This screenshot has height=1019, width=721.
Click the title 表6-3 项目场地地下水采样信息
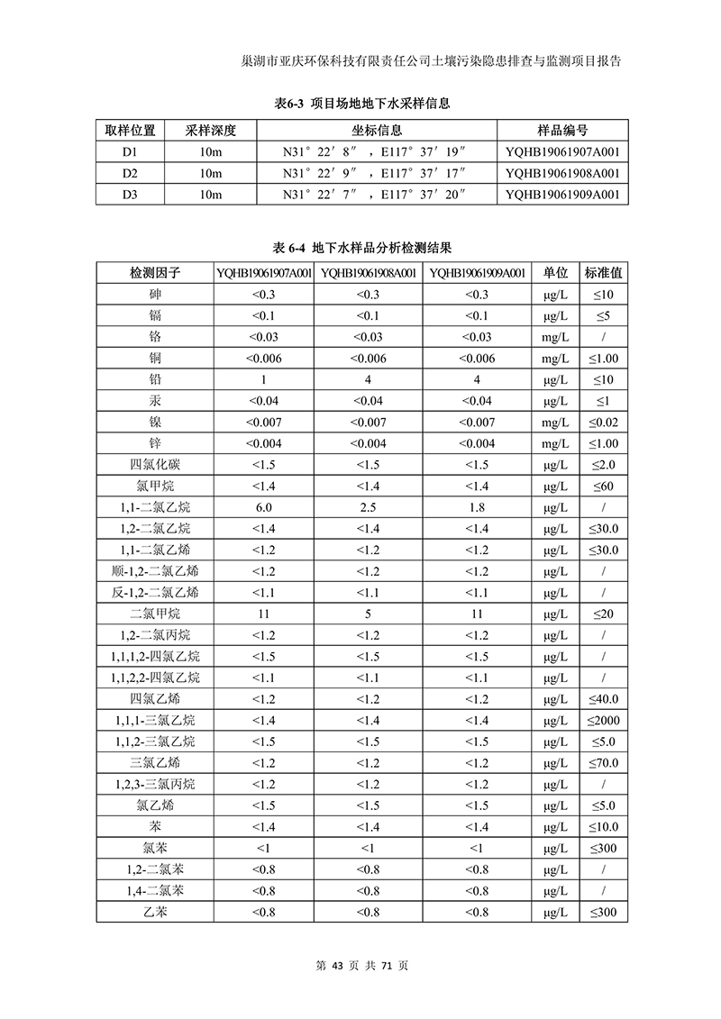[361, 104]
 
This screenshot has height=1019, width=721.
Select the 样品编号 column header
[562, 131]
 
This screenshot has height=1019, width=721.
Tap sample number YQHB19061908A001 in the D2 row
[562, 173]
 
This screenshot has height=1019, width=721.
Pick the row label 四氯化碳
[155, 465]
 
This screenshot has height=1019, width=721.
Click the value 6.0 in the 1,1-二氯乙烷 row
[263, 507]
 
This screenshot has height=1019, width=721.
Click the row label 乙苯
[155, 912]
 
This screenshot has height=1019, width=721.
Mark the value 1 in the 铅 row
[263, 380]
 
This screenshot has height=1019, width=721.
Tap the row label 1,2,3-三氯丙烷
[155, 784]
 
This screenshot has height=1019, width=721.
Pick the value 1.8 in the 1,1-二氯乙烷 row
[477, 507]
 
